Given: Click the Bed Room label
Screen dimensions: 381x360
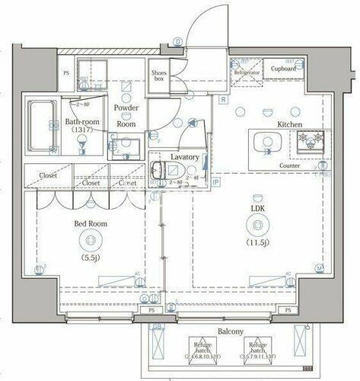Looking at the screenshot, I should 90,224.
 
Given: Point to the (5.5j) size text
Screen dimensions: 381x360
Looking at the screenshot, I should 91,258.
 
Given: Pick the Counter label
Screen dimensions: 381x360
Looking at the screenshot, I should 289,165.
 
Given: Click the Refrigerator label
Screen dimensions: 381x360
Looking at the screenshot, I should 247,73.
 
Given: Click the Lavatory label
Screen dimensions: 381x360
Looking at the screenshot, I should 185,157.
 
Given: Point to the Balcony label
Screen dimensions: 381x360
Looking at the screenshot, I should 229,331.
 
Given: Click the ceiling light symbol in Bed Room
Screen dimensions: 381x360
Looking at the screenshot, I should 91,241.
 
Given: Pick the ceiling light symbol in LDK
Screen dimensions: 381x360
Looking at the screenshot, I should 259,225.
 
